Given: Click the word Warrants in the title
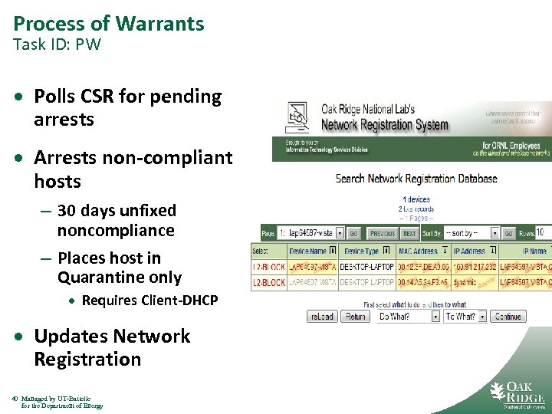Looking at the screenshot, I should tap(160, 24).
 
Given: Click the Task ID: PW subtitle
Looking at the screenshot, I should tap(57, 44).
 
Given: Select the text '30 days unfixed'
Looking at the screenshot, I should tap(117, 211).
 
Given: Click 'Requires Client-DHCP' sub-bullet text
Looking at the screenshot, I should tap(149, 300).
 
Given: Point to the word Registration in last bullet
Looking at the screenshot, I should tap(87, 359).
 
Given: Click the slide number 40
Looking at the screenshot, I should tap(16, 399).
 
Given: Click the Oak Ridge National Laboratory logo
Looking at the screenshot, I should tap(517, 395).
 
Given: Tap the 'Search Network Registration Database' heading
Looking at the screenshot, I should tap(416, 179).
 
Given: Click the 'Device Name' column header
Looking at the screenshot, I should tap(308, 251).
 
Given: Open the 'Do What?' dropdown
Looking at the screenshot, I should tap(407, 316).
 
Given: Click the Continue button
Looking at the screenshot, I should tap(507, 316).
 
